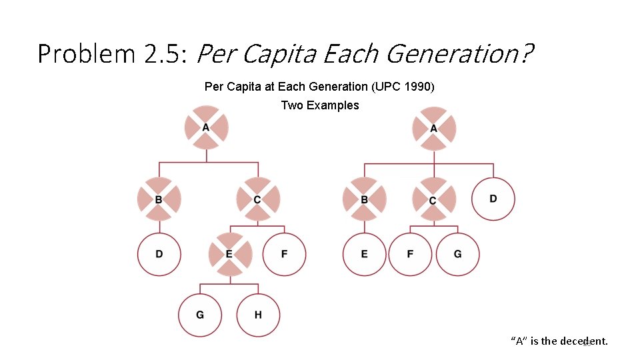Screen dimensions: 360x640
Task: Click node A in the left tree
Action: coord(206,127)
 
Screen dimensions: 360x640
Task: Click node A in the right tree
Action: coord(434,128)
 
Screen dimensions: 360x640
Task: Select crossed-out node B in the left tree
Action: coord(159,199)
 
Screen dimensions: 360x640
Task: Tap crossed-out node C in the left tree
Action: coord(258,199)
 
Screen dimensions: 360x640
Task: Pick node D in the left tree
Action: coord(159,254)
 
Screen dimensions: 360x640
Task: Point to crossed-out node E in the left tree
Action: coord(230,254)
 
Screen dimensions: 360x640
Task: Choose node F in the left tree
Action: coord(285,254)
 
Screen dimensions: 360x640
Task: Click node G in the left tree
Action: coord(200,315)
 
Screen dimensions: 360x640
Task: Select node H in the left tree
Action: coord(258,315)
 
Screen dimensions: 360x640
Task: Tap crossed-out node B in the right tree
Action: coord(364,199)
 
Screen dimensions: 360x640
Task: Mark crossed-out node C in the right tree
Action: coord(434,199)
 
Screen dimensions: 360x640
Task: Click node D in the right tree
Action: coord(493,199)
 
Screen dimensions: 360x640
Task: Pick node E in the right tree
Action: coord(364,254)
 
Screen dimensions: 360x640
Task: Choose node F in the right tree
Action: coord(410,254)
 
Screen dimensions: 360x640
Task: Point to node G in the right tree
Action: coord(457,254)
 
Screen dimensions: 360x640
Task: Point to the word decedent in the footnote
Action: coord(584,341)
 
